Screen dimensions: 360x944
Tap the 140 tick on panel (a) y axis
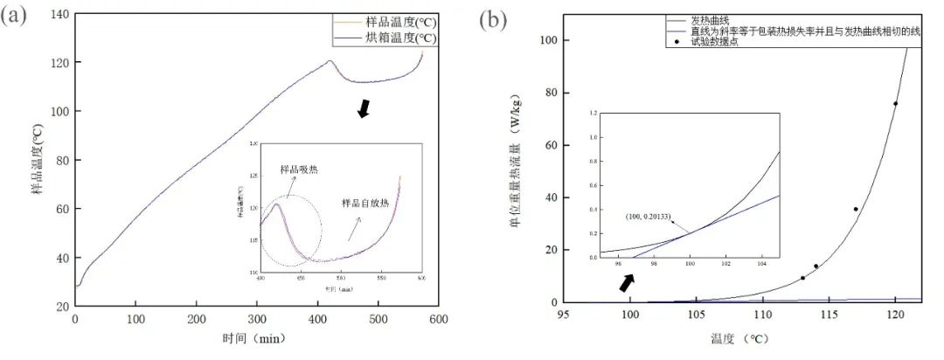click(x=59, y=14)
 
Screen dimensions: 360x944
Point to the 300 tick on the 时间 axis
click(x=257, y=319)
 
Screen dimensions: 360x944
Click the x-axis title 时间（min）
click(x=256, y=338)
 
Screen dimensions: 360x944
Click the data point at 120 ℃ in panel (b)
click(x=895, y=104)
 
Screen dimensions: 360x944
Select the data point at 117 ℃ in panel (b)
click(x=856, y=209)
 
